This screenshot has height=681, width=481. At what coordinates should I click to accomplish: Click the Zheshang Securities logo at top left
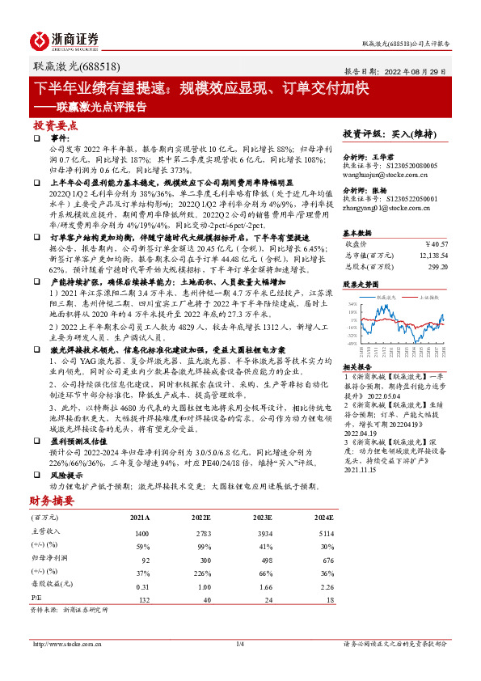(x=64, y=40)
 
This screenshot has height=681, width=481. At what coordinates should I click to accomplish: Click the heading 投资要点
(x=55, y=125)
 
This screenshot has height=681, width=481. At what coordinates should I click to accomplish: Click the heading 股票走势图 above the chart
(x=361, y=285)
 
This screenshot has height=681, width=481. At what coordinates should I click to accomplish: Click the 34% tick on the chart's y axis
(x=352, y=303)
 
